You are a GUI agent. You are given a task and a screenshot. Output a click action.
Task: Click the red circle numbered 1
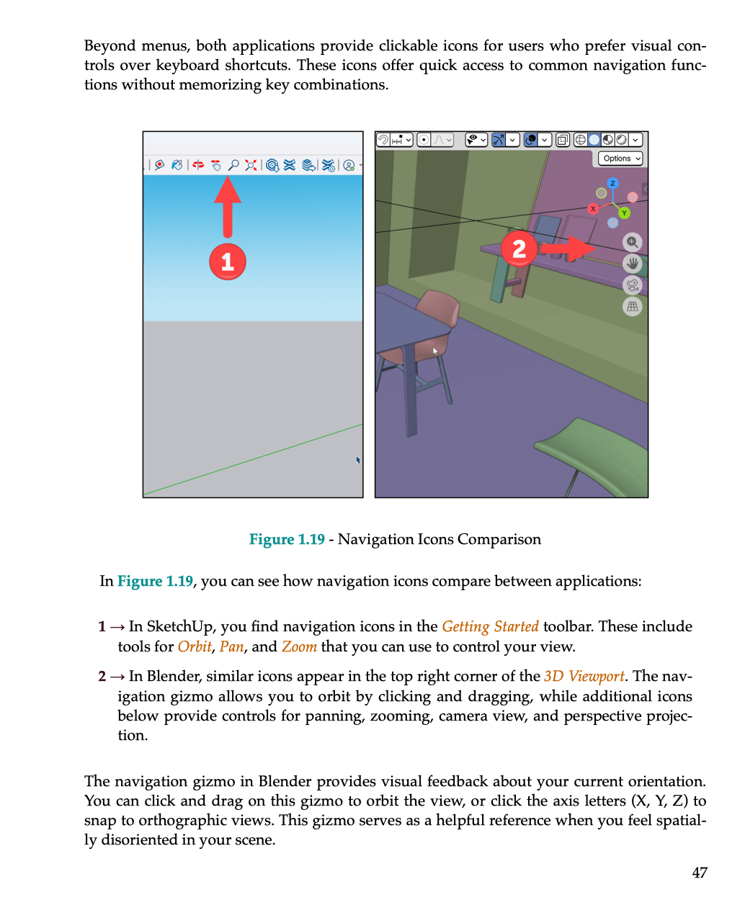coord(228,262)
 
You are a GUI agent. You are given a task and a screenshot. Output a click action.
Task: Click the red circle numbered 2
coord(519,249)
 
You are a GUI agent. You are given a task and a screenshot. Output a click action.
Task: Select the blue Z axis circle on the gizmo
coord(612,183)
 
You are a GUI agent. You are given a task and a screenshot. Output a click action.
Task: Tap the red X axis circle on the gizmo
coord(593,209)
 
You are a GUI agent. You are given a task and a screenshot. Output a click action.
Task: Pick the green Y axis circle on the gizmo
coord(625,213)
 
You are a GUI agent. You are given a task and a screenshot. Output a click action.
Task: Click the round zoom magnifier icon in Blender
coord(632,242)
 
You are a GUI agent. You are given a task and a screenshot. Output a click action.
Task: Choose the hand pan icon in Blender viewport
coord(632,264)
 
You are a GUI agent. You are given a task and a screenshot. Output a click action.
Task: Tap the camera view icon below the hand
coord(632,285)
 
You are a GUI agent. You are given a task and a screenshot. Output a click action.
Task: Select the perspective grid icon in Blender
coord(632,307)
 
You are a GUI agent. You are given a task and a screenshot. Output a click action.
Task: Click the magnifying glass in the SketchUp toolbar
coord(233,165)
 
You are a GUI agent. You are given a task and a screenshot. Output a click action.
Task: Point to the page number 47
coord(699,873)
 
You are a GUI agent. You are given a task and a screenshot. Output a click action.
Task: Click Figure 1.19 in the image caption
coord(287,539)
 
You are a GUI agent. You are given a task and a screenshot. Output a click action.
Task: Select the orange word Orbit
coord(195,646)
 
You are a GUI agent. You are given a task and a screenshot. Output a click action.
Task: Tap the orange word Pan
coord(231,646)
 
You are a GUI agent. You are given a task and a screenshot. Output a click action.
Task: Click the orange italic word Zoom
coord(299,646)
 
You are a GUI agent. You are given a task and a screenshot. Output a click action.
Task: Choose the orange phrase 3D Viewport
coord(584,676)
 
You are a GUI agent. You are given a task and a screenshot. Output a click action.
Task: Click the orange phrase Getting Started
coord(490,626)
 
